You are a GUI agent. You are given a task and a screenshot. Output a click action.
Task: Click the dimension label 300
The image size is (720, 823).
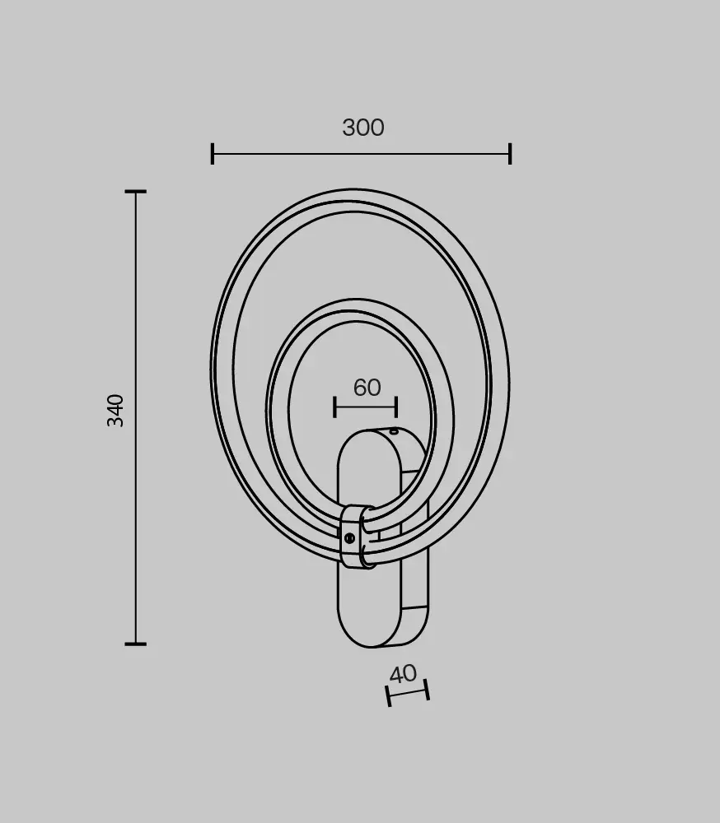(x=363, y=128)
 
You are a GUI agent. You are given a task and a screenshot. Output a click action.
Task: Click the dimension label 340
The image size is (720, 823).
(x=115, y=411)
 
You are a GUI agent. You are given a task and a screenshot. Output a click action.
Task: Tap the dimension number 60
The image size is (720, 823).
(x=367, y=388)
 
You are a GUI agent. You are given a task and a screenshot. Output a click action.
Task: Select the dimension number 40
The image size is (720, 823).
(x=403, y=674)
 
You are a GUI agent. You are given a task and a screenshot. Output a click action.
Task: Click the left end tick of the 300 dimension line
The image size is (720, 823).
(x=213, y=154)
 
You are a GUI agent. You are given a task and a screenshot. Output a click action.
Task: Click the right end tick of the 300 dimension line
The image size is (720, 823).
(x=510, y=154)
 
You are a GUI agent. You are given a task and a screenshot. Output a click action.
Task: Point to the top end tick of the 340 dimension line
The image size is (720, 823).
(x=136, y=192)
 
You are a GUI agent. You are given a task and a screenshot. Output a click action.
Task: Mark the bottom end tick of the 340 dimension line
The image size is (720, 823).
(x=136, y=644)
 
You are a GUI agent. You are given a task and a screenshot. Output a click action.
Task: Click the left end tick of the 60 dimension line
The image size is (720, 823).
(x=334, y=407)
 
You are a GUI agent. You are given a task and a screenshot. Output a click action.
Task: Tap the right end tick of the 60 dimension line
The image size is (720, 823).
(x=396, y=407)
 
